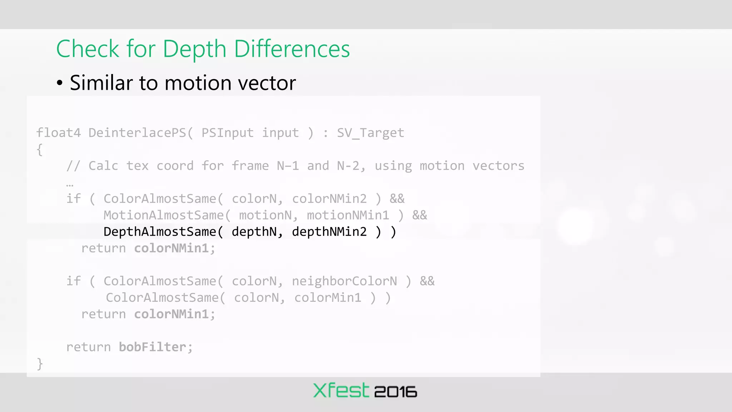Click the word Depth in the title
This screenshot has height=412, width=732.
[194, 49]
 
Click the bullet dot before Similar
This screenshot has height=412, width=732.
[60, 83]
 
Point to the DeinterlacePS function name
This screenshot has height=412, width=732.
[137, 133]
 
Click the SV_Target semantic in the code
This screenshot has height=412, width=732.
[370, 133]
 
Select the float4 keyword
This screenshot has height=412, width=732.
[58, 133]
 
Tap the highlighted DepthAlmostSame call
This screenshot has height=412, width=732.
[159, 232]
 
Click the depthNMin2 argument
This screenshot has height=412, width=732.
[329, 232]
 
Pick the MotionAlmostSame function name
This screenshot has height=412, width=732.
[163, 215]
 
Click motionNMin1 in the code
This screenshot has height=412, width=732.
[348, 215]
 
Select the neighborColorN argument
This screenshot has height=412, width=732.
[344, 281]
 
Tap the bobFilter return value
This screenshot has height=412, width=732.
[152, 347]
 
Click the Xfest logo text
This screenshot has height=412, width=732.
[341, 391]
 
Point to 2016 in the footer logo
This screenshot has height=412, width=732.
[395, 392]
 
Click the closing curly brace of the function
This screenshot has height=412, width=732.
[40, 364]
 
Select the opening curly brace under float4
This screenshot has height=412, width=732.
[40, 149]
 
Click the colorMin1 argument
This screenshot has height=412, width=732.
[328, 298]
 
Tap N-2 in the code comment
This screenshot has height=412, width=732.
[348, 166]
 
